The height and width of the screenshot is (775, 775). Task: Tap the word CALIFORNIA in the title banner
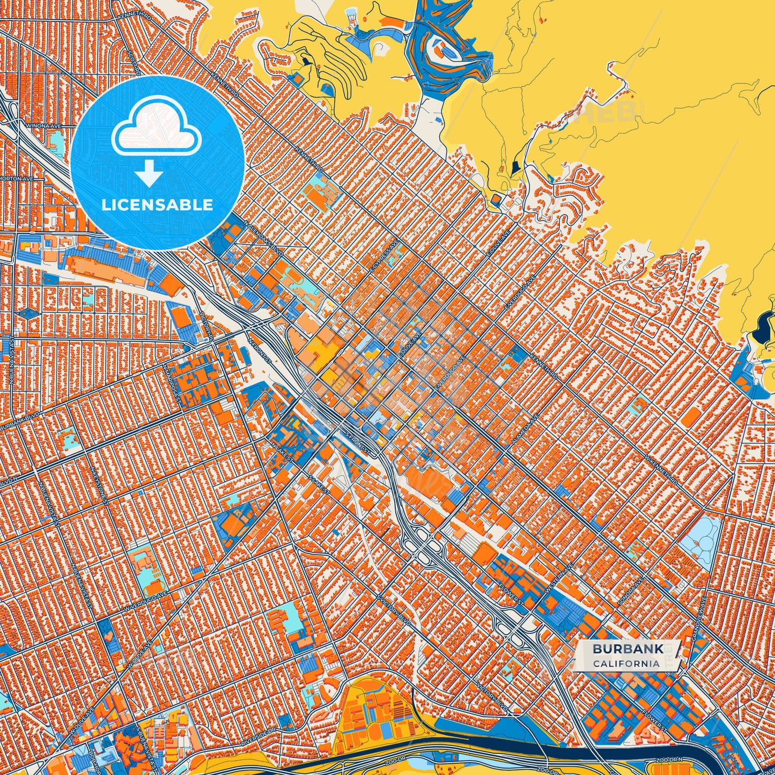[x=626, y=663]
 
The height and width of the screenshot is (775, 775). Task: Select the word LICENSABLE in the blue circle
[x=158, y=205]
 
